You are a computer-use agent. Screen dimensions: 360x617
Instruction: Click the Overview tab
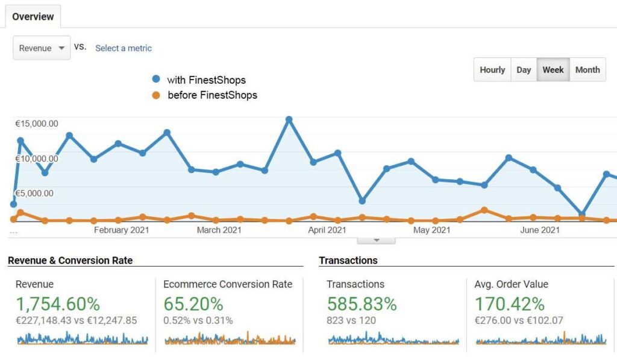[x=33, y=16]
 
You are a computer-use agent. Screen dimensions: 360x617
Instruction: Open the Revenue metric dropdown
[x=42, y=48]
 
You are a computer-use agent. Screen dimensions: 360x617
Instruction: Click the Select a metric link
[x=124, y=48]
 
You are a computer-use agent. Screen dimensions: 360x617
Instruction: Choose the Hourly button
[x=492, y=70]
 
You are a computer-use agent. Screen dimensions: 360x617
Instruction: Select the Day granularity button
[x=524, y=70]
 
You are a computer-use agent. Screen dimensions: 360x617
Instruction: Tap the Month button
[x=587, y=70]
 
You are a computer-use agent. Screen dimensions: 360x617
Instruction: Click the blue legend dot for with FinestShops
[x=156, y=80]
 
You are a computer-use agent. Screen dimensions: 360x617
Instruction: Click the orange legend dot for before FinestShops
[x=156, y=95]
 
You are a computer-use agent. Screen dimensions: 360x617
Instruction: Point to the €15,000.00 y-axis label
[x=37, y=124]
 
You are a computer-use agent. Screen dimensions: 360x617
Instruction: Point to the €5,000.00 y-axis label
[x=34, y=194]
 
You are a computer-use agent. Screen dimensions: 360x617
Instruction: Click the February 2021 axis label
[x=121, y=230]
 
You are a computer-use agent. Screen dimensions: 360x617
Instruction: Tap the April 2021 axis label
[x=327, y=230]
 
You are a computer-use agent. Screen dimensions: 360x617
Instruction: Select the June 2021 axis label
[x=540, y=230]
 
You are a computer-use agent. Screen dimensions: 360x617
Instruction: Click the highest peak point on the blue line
[x=289, y=119]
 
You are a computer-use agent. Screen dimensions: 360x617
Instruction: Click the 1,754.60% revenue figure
[x=58, y=304]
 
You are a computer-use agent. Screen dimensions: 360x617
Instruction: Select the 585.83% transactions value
[x=362, y=304]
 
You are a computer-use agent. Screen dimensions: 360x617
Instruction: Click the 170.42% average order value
[x=510, y=304]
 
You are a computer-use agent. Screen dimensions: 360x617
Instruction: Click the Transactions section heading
[x=348, y=261]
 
